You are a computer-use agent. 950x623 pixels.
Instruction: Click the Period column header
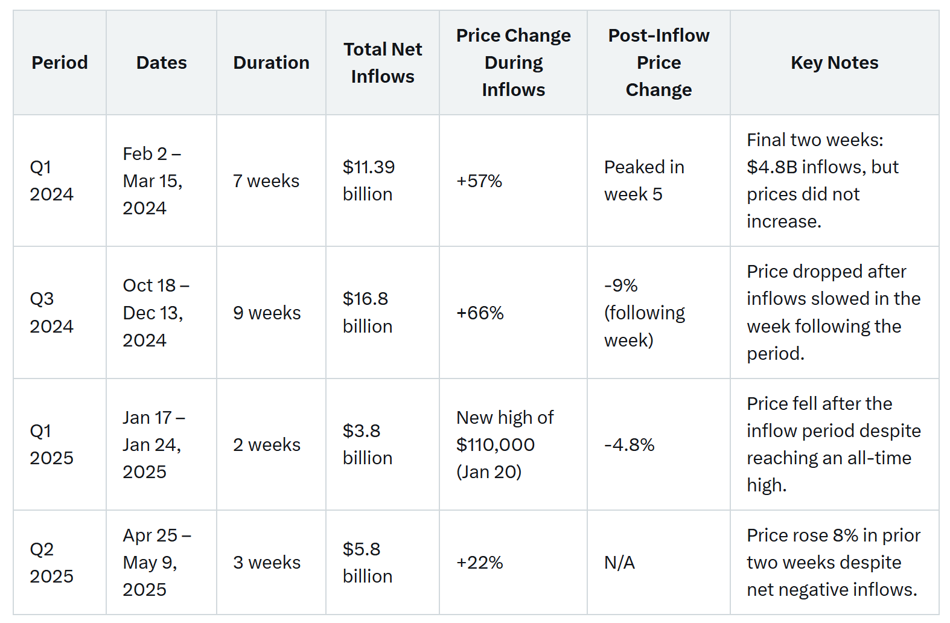click(60, 63)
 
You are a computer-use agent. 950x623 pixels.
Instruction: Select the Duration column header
click(271, 63)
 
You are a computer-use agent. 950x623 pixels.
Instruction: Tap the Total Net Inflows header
click(383, 63)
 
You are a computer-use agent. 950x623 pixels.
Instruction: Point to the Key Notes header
click(834, 63)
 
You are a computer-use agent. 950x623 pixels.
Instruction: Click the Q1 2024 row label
click(51, 181)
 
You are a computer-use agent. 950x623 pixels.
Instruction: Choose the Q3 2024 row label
click(51, 312)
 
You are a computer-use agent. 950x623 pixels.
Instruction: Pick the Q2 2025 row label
click(51, 563)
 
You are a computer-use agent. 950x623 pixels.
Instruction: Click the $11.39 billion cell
click(368, 181)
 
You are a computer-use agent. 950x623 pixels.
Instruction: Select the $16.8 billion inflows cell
click(367, 312)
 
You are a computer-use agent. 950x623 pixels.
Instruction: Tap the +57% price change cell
click(479, 181)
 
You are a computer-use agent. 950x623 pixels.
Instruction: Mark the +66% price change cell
click(480, 313)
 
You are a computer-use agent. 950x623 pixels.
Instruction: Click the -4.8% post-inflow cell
click(629, 445)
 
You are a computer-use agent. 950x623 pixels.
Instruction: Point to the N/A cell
click(619, 563)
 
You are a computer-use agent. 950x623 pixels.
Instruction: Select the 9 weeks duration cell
click(267, 313)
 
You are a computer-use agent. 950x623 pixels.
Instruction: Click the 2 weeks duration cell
click(267, 445)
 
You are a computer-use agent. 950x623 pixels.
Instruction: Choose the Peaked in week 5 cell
click(644, 181)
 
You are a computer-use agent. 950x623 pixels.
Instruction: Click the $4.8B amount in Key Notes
click(768, 167)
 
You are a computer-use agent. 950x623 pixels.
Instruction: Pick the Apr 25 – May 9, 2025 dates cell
click(156, 563)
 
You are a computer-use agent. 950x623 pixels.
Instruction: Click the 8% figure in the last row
click(845, 535)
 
